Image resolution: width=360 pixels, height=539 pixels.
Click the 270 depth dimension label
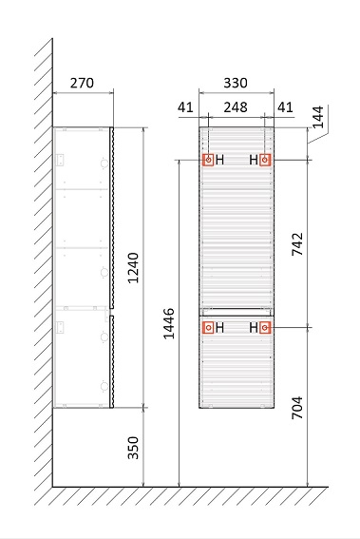[82, 83]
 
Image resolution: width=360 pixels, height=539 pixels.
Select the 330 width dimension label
[236, 83]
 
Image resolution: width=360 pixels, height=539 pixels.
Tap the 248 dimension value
[236, 107]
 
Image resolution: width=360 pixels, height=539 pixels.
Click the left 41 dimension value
[185, 107]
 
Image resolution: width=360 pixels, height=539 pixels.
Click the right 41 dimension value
[285, 107]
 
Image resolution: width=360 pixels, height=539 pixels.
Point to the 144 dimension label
[318, 117]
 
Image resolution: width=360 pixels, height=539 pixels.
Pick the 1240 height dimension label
[133, 268]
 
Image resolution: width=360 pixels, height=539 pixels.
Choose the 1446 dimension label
[168, 323]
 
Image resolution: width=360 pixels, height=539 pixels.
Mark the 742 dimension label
[297, 244]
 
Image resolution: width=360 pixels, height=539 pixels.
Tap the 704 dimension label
[297, 408]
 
